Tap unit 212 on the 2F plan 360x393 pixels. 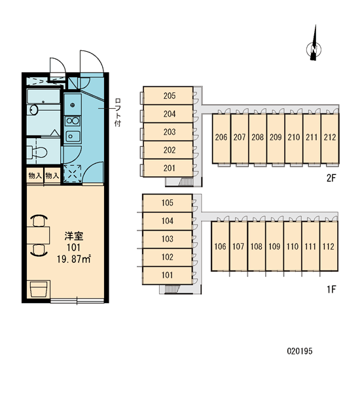point(330,139)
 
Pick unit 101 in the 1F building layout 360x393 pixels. point(168,275)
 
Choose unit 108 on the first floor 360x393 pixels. point(257,246)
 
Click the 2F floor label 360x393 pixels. point(331,178)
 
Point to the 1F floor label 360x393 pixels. point(331,290)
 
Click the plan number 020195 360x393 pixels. point(300,351)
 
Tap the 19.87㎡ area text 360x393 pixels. point(74,259)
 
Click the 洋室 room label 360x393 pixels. point(74,236)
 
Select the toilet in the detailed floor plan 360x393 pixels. point(37,152)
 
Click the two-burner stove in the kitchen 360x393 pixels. point(73,121)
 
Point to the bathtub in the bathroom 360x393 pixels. point(43,96)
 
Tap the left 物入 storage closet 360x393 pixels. point(35,176)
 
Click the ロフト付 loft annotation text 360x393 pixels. point(118,112)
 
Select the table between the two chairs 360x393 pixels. point(39,235)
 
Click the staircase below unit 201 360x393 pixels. point(185,181)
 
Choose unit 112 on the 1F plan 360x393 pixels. point(329,246)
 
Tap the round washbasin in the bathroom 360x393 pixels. point(33,110)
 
